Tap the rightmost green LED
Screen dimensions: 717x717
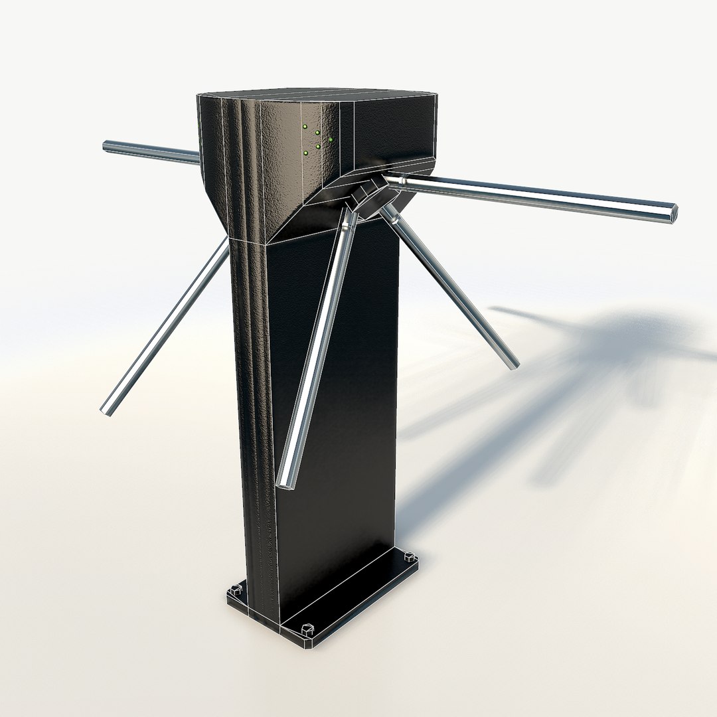[x=330, y=139]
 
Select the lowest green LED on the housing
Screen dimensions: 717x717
[x=305, y=153]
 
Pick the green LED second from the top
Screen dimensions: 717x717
[x=317, y=133]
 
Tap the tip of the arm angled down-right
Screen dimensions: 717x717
[x=513, y=363]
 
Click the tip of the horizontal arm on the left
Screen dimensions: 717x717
[x=107, y=145]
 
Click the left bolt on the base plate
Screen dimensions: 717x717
[x=234, y=590]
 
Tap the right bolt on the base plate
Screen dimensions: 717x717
[x=410, y=556]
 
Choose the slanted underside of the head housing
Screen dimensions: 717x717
[x=312, y=212]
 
